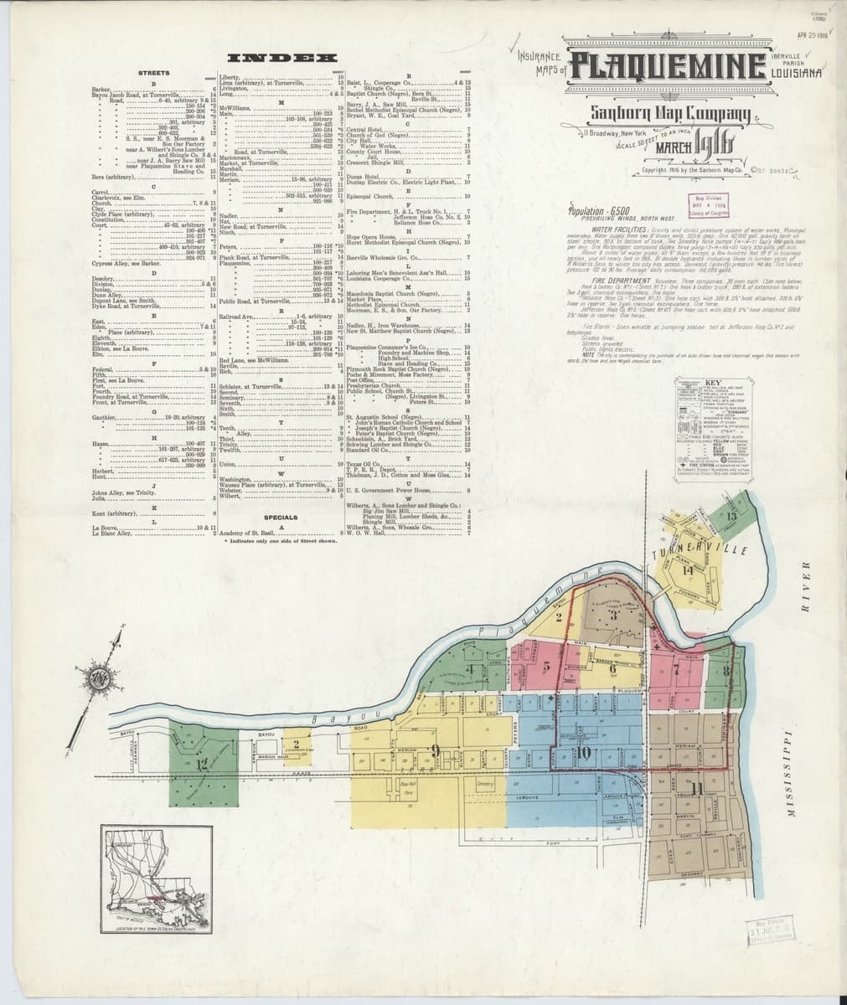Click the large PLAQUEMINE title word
click(668, 66)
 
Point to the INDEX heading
click(282, 58)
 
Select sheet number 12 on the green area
click(201, 763)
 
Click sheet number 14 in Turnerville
click(688, 571)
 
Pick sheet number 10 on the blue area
click(583, 752)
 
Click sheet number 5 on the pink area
click(546, 667)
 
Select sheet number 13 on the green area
click(731, 517)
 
